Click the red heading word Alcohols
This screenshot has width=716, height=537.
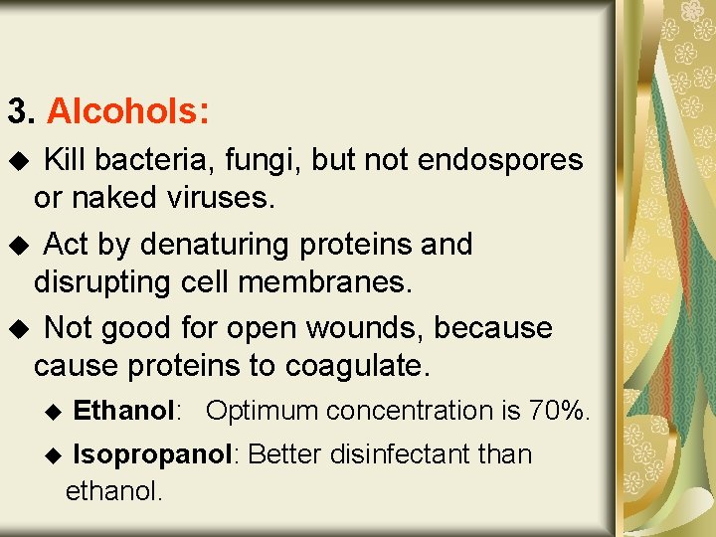tap(126, 111)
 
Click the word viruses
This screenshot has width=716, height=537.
tap(214, 198)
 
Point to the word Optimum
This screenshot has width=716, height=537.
tap(263, 411)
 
